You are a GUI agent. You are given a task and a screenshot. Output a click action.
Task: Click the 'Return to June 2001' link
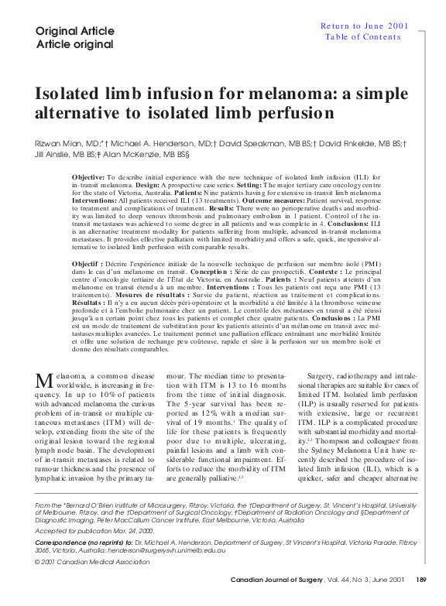365,26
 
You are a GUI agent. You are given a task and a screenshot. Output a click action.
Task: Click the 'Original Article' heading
69,31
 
